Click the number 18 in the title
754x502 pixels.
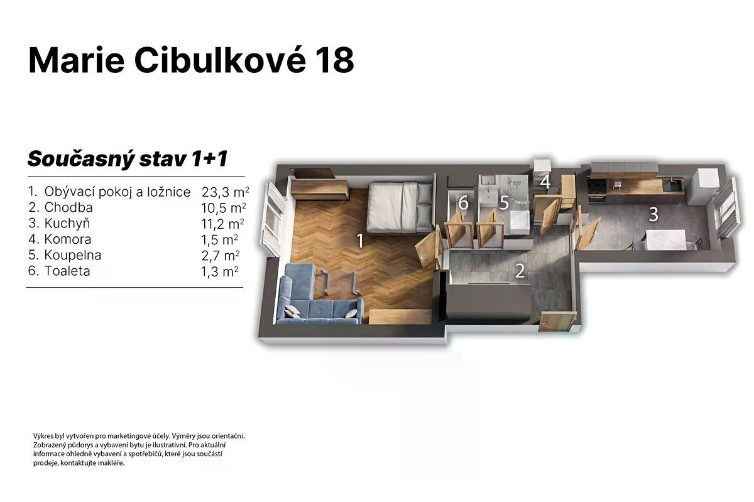335,61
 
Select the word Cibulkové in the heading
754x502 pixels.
220,60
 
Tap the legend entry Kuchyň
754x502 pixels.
67,223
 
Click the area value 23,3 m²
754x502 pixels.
225,192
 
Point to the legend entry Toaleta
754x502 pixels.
67,271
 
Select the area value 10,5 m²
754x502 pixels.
224,208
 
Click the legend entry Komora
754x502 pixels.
68,239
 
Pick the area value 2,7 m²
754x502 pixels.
221,256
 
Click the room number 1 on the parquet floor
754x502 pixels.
360,241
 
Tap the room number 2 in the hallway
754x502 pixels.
520,271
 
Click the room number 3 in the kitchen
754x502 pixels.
653,214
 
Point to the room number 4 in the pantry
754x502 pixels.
545,182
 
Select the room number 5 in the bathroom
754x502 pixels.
504,202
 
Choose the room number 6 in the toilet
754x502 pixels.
464,203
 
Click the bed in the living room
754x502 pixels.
400,207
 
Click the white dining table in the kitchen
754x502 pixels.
666,239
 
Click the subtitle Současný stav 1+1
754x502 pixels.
128,159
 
